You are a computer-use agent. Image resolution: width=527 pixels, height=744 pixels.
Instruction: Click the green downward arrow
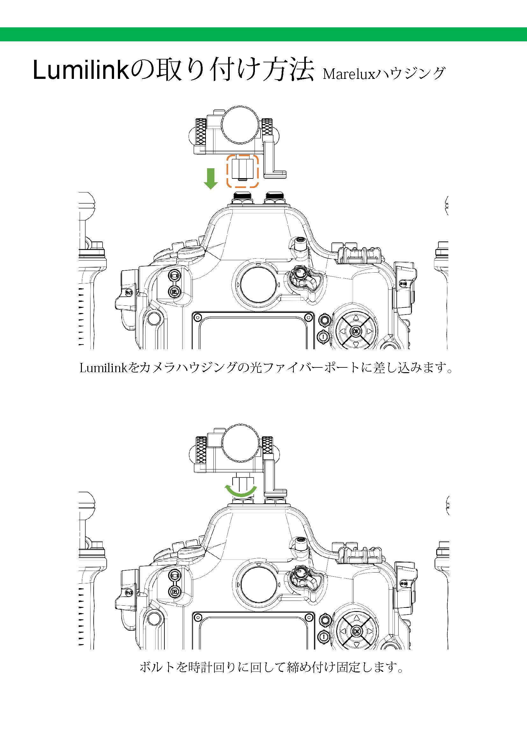coord(211,178)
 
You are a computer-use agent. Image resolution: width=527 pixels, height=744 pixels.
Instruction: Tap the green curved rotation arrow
coord(241,491)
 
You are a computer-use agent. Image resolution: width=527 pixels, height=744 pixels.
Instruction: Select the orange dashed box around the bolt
coord(242,171)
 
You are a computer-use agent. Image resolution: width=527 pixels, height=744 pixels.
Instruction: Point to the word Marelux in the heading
coord(349,74)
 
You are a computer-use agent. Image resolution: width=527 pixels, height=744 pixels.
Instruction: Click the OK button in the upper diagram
coord(356,331)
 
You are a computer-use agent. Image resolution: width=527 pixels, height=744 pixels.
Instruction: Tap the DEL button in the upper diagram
coord(174,292)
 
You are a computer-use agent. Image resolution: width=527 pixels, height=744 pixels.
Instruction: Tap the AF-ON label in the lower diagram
coord(403,583)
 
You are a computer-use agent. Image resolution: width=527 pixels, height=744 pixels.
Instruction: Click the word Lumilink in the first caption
coord(104,368)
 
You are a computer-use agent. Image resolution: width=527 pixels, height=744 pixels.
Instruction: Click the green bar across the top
coord(263,34)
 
